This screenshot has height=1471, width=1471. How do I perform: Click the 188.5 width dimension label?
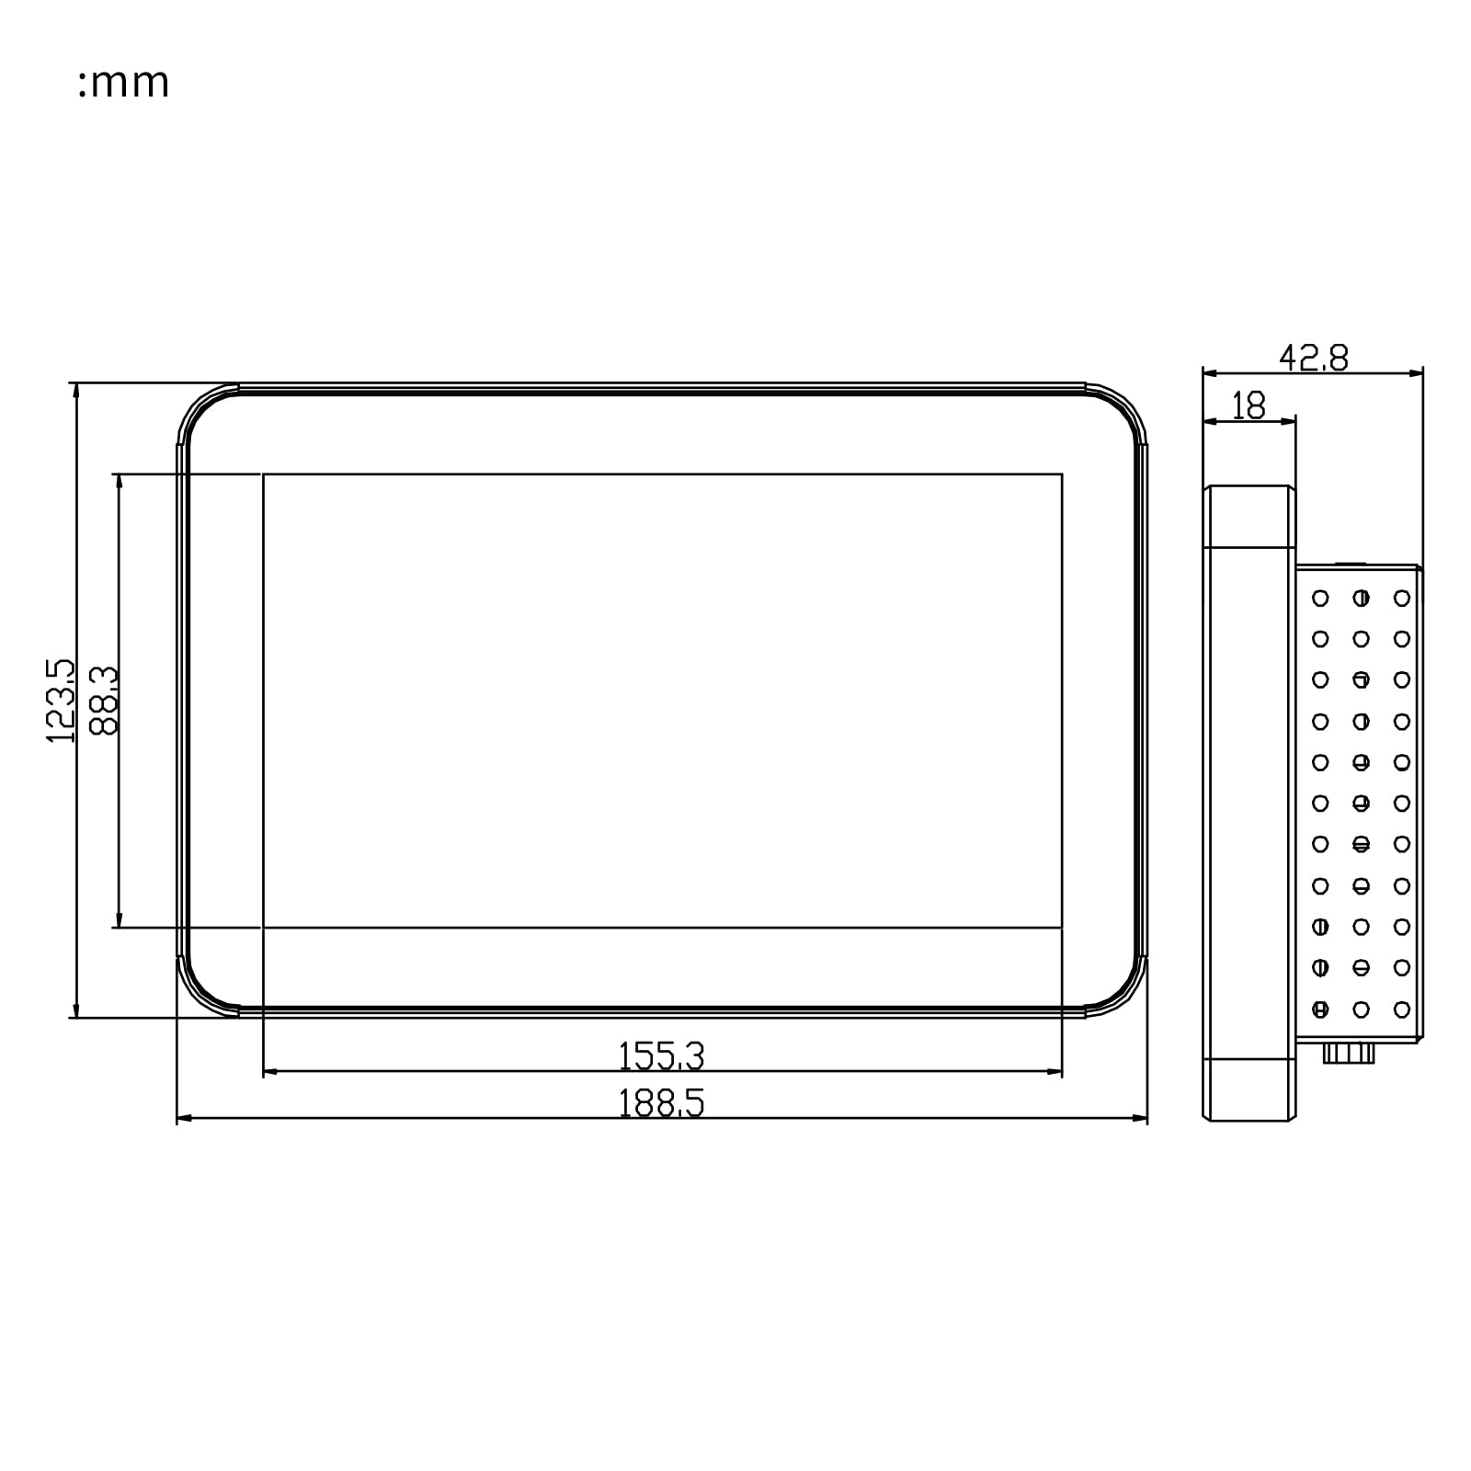pos(661,1103)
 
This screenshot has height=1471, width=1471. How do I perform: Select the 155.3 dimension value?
pos(661,1056)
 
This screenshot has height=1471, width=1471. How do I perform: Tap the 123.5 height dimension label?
pos(60,701)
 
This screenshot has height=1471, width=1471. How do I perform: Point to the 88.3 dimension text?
pos(105,701)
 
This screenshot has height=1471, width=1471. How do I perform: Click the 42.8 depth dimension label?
pos(1314,358)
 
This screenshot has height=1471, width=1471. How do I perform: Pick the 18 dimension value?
pos(1249,405)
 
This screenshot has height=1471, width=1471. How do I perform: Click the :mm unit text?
pos(123,83)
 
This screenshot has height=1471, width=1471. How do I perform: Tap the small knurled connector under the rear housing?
pos(1349,1053)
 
